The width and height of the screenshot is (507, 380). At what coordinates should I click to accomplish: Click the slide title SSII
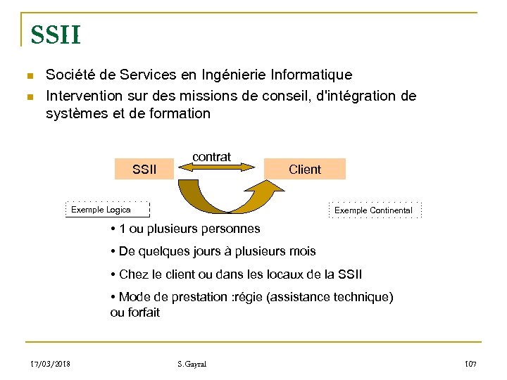55,34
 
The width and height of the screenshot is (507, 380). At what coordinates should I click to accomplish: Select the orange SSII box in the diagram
144,169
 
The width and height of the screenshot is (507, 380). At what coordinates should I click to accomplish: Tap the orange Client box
304,169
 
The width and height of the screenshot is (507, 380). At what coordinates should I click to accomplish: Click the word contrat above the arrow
211,157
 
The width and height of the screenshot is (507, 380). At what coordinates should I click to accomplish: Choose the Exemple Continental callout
373,210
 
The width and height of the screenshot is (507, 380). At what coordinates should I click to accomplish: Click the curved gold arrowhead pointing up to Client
262,189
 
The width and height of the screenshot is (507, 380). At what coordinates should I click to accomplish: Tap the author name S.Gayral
192,364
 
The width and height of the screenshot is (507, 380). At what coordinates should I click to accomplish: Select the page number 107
470,364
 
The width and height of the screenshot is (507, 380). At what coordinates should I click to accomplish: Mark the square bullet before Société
29,75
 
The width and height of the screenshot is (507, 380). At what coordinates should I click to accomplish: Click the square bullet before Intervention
29,96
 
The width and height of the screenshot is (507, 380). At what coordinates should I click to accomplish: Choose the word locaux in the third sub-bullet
288,274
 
